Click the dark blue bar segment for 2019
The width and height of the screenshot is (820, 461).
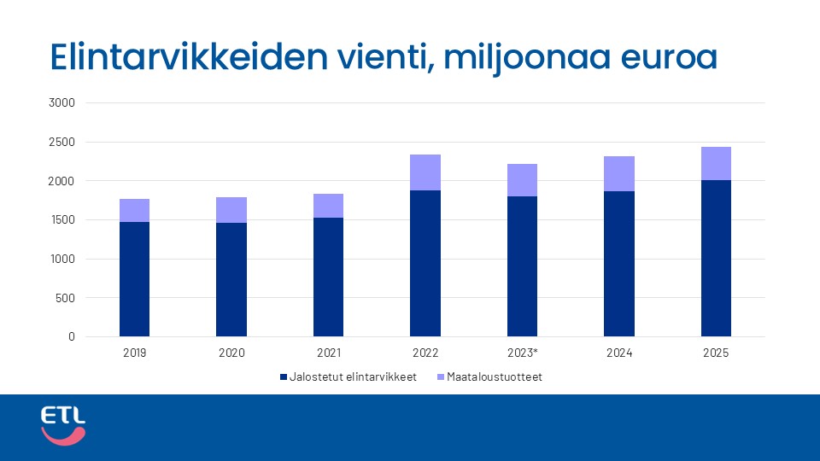134,279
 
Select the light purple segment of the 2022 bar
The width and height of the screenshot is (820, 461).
425,172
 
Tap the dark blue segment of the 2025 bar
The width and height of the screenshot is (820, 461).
716,258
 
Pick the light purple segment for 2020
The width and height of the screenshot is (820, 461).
231,210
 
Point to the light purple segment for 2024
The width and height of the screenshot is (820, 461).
619,173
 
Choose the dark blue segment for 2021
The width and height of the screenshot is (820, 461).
328,277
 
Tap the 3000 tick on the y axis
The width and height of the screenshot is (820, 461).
63,103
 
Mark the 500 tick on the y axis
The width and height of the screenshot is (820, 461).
66,298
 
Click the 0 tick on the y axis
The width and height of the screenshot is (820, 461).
72,337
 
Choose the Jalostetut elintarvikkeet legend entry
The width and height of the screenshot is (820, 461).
348,376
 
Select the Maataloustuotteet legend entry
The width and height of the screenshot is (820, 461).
489,376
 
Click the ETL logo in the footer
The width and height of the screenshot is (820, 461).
63,425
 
